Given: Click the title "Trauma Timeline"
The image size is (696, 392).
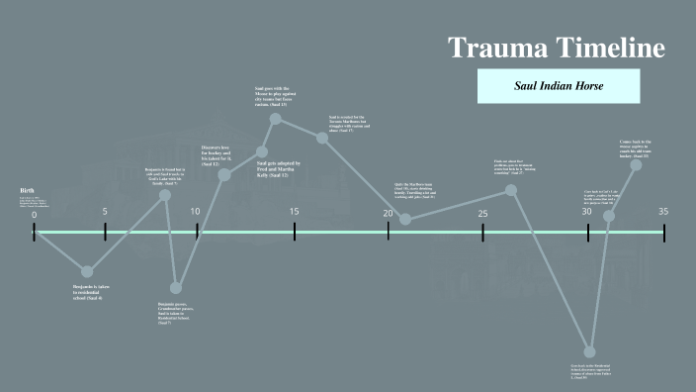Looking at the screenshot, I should click(556, 48).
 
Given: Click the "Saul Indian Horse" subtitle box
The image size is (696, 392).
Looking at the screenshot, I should click(559, 86).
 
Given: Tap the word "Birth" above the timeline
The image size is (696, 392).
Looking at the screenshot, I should click(27, 190).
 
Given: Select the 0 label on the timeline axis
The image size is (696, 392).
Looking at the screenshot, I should click(34, 215).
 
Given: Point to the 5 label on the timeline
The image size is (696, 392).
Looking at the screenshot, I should click(105, 211).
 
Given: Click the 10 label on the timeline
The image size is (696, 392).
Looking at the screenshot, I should click(196, 211).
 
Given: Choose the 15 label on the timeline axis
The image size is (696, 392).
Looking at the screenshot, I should click(295, 211).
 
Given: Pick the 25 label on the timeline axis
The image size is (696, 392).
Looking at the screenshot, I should click(482, 214).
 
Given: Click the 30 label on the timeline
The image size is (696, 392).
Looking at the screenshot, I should click(586, 211).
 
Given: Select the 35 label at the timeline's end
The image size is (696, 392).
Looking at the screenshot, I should click(663, 211).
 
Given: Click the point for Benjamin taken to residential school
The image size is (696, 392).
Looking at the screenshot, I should click(87, 271).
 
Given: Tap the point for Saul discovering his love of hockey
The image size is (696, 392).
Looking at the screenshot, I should click(224, 174).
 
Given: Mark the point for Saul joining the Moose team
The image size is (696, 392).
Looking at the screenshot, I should click(276, 120).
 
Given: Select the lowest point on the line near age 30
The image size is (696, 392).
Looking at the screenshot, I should click(589, 351).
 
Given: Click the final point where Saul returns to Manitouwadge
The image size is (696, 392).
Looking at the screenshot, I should click(636, 164).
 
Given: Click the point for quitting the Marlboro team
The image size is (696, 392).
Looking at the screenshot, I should click(404, 218).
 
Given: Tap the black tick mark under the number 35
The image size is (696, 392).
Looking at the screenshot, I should click(663, 233).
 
